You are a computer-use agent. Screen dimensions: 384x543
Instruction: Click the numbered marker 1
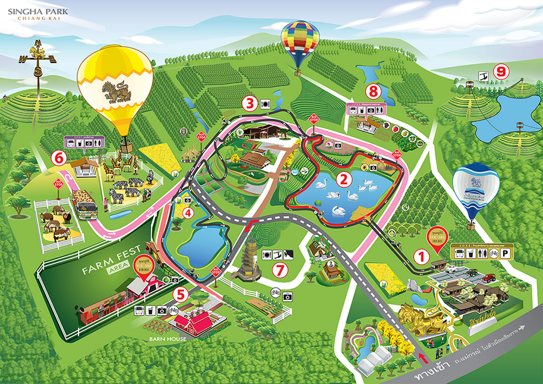coord(422,257)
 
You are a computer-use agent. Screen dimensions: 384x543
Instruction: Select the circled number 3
coord(249,104)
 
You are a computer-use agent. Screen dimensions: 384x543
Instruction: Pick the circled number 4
coord(188,212)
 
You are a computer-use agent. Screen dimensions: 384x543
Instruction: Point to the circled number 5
coord(181,295)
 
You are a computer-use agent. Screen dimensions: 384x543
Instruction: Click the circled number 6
coord(58,158)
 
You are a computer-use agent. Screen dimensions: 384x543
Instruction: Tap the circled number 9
coord(500,72)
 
